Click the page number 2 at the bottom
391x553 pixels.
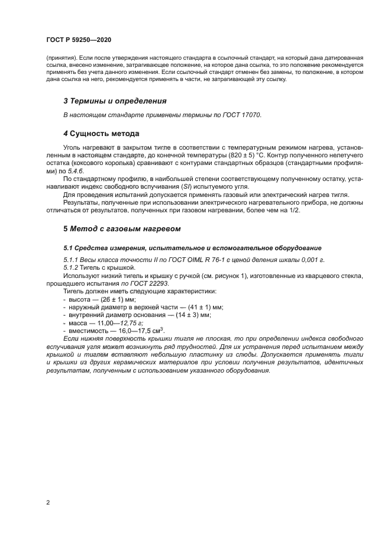(48, 503)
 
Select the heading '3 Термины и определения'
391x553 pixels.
(115, 101)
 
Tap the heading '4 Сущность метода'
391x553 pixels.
(101, 133)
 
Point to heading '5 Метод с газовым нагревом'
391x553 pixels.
(122, 228)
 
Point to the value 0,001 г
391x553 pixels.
(312, 260)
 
